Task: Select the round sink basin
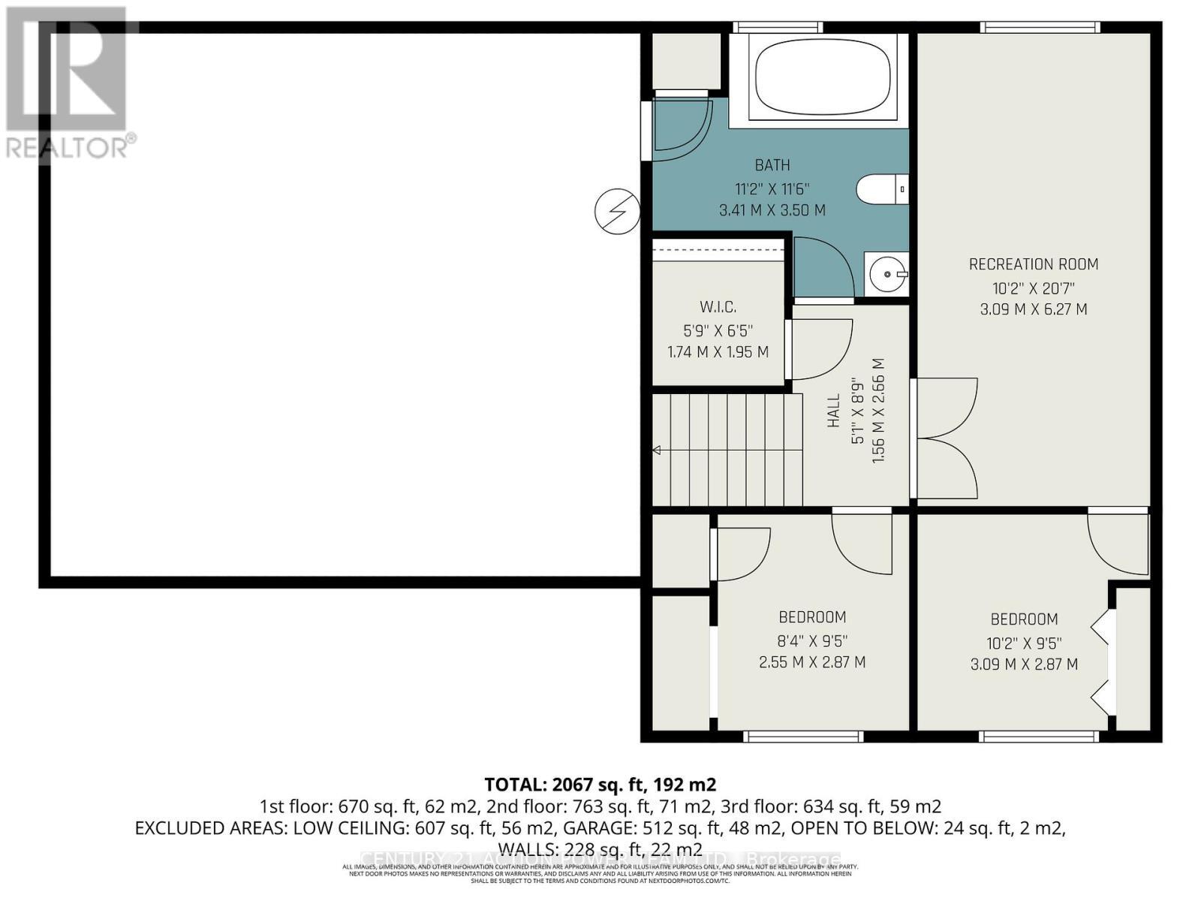[886, 274]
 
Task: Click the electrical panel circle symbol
[617, 211]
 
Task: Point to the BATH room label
[772, 165]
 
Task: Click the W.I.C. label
[718, 306]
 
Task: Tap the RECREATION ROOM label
[1033, 264]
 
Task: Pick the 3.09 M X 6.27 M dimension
[1033, 309]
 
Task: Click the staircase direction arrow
[657, 450]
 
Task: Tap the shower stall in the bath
[679, 128]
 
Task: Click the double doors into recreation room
[946, 439]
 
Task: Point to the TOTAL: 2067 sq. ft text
[600, 785]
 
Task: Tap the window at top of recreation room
[1040, 28]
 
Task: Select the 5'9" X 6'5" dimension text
[718, 330]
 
